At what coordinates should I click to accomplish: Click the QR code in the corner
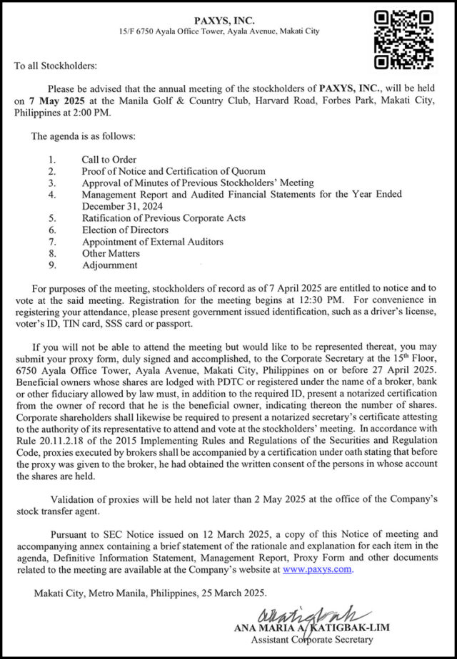(x=404, y=39)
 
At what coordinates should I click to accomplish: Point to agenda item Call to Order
(x=109, y=160)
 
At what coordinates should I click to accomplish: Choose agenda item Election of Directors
(x=125, y=230)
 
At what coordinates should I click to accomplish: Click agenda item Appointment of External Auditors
(x=152, y=242)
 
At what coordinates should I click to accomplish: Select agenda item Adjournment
(x=109, y=265)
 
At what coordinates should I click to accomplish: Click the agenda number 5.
(x=52, y=218)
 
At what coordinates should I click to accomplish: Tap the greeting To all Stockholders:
(x=55, y=66)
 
